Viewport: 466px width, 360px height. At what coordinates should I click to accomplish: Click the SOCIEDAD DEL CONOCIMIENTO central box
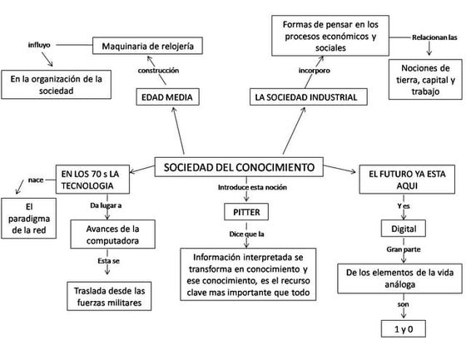(x=239, y=168)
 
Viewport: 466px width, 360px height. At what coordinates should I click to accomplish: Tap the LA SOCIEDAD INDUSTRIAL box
(x=306, y=97)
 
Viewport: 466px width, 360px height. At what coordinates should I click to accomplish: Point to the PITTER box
(x=241, y=212)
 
